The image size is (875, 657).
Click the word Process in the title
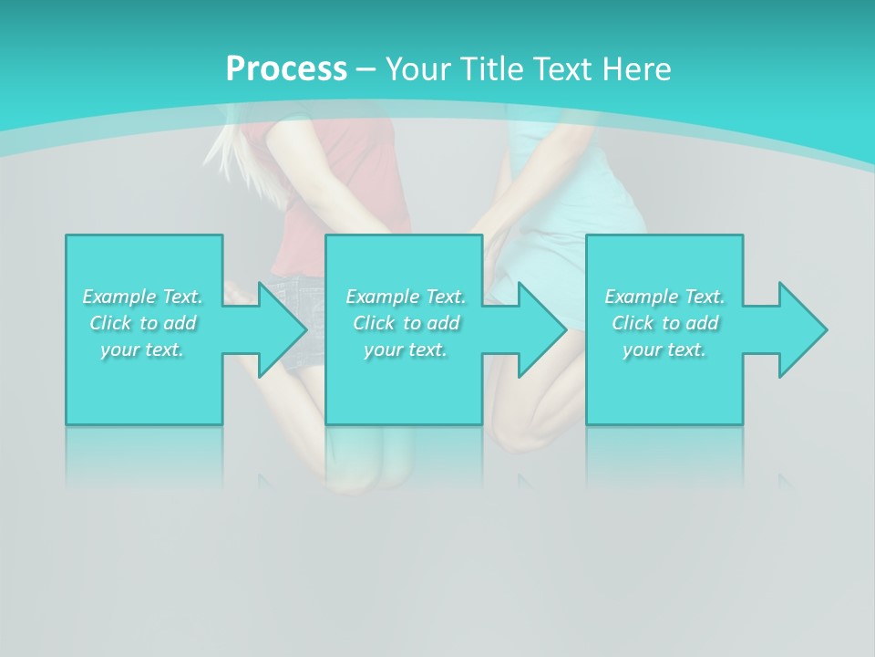tap(286, 68)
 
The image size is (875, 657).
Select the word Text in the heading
tap(565, 68)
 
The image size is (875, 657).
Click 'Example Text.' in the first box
tap(142, 297)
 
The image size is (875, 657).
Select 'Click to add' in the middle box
tap(406, 323)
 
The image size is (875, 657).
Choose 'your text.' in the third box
tap(664, 349)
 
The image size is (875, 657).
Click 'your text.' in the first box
tap(142, 349)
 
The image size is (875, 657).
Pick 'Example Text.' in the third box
tap(664, 297)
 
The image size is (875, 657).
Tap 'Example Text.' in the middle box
tap(406, 297)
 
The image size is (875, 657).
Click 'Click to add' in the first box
tap(142, 323)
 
